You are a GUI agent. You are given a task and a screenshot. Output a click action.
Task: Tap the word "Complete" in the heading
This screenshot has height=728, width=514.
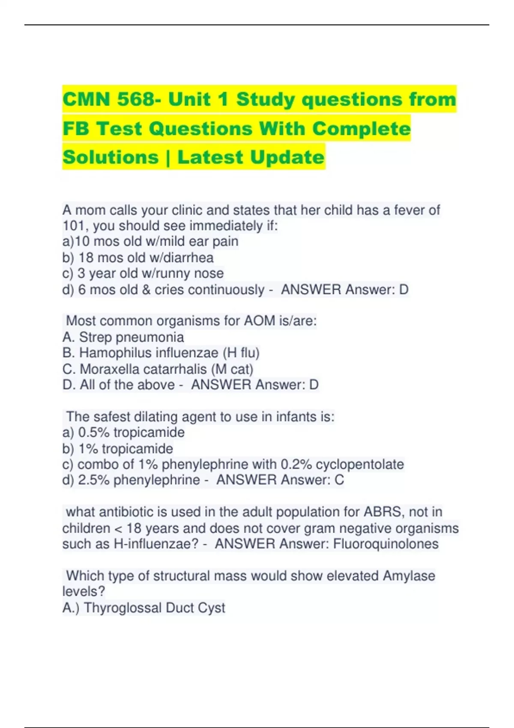(361, 128)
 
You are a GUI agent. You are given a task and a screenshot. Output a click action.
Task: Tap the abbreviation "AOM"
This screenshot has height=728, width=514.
(260, 321)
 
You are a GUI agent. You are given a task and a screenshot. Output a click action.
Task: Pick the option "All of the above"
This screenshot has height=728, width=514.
(127, 385)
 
